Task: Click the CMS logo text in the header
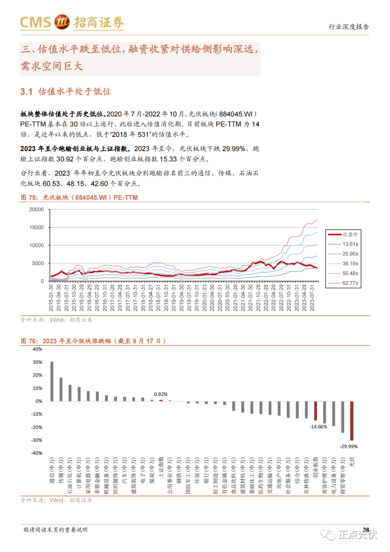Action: pos(35,22)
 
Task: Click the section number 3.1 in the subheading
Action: pos(26,92)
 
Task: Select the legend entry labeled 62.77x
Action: pos(350,283)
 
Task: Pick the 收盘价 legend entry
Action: pos(350,234)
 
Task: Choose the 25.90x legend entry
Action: pos(350,254)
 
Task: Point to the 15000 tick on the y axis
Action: pos(36,227)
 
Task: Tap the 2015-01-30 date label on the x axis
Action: pos(51,297)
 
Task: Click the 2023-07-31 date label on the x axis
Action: pos(312,297)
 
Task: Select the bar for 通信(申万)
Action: pos(52,381)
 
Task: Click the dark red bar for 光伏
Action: pos(352,421)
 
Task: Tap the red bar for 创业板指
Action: pos(316,411)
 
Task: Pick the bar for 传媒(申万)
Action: pos(61,389)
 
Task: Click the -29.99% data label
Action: pos(348,447)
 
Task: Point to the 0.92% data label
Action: pos(161,394)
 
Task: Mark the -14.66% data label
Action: pos(318,427)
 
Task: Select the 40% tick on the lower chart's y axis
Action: pos(38,349)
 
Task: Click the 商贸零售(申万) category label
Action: pos(343,475)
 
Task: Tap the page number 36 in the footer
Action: pos(366,530)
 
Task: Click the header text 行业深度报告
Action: pos(348,27)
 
